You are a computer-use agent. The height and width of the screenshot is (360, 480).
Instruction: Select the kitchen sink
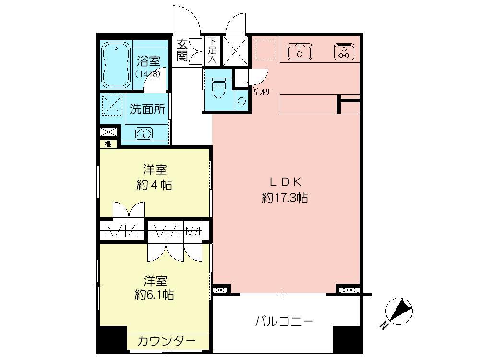pos(300,50)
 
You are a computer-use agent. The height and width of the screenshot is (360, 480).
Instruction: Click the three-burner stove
pos(344,51)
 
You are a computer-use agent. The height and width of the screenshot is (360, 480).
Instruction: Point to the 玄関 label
pos(182,49)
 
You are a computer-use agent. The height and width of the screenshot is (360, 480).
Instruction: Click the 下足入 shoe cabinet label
pos(212,50)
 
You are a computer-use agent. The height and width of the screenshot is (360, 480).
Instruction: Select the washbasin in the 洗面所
pos(144,133)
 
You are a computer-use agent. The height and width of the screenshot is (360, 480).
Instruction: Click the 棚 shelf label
pos(108,143)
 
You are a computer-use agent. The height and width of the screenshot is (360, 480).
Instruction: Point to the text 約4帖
pos(155,185)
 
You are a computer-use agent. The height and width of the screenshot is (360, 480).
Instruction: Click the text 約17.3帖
pos(285,198)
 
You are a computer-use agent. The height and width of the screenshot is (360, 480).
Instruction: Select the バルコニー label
pos(284,321)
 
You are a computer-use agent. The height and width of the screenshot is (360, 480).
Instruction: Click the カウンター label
pos(167,341)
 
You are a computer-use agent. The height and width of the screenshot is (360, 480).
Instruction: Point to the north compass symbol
pos(398,312)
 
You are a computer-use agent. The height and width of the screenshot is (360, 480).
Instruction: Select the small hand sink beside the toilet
pos(241,101)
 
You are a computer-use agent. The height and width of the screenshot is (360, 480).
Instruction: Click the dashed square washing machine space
pos(111,105)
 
